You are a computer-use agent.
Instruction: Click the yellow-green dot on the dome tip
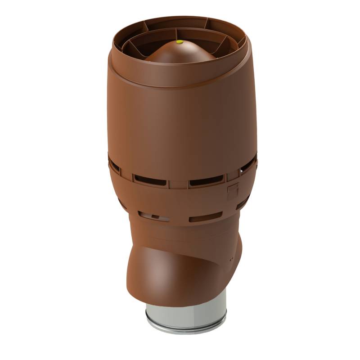pyautogui.click(x=180, y=43)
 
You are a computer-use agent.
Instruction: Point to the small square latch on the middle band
pyautogui.click(x=233, y=191)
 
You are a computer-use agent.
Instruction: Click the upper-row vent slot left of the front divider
pyautogui.click(x=150, y=180)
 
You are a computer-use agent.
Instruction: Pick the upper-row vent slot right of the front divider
pyautogui.click(x=206, y=183)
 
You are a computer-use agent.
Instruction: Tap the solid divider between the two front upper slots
pyautogui.click(x=178, y=183)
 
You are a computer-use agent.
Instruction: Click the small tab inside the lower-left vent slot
pyautogui.click(x=154, y=217)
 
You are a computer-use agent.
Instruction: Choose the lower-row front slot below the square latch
pyautogui.click(x=205, y=219)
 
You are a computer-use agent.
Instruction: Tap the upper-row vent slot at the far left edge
pyautogui.click(x=114, y=167)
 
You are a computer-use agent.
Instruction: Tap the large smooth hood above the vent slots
pyautogui.click(x=180, y=121)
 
